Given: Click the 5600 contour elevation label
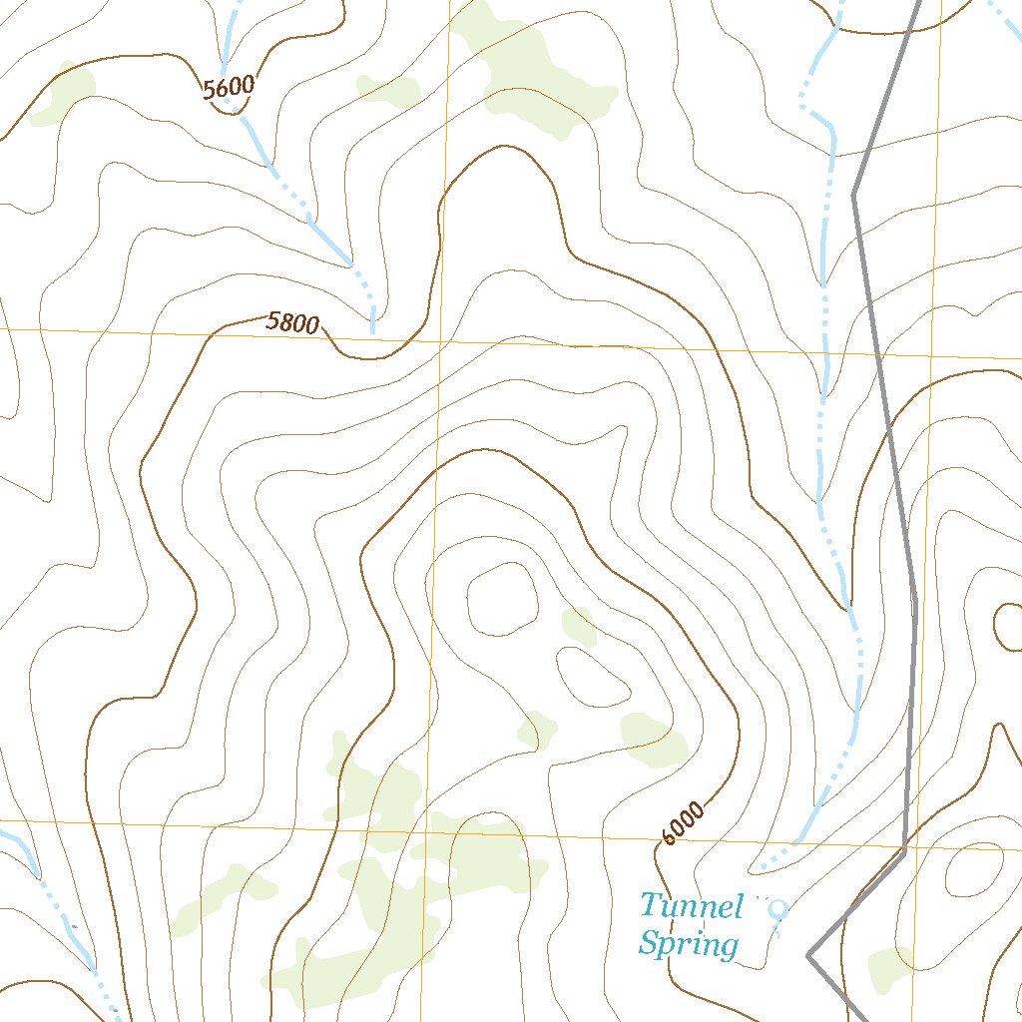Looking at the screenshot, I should [229, 87].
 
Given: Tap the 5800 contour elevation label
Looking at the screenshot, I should [292, 322].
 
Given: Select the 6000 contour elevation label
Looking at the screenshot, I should [682, 822].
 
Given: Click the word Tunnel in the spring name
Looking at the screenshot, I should [692, 906].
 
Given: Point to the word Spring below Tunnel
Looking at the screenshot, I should [689, 943].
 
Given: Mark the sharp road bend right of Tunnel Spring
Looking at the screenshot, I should [808, 955].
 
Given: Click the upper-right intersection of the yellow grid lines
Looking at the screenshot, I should [930, 355].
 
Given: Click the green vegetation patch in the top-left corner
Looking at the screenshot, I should [63, 95].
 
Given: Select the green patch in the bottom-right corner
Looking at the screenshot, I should [890, 969].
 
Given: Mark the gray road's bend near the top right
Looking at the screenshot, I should [854, 194].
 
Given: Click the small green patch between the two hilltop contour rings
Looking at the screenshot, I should [578, 625].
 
